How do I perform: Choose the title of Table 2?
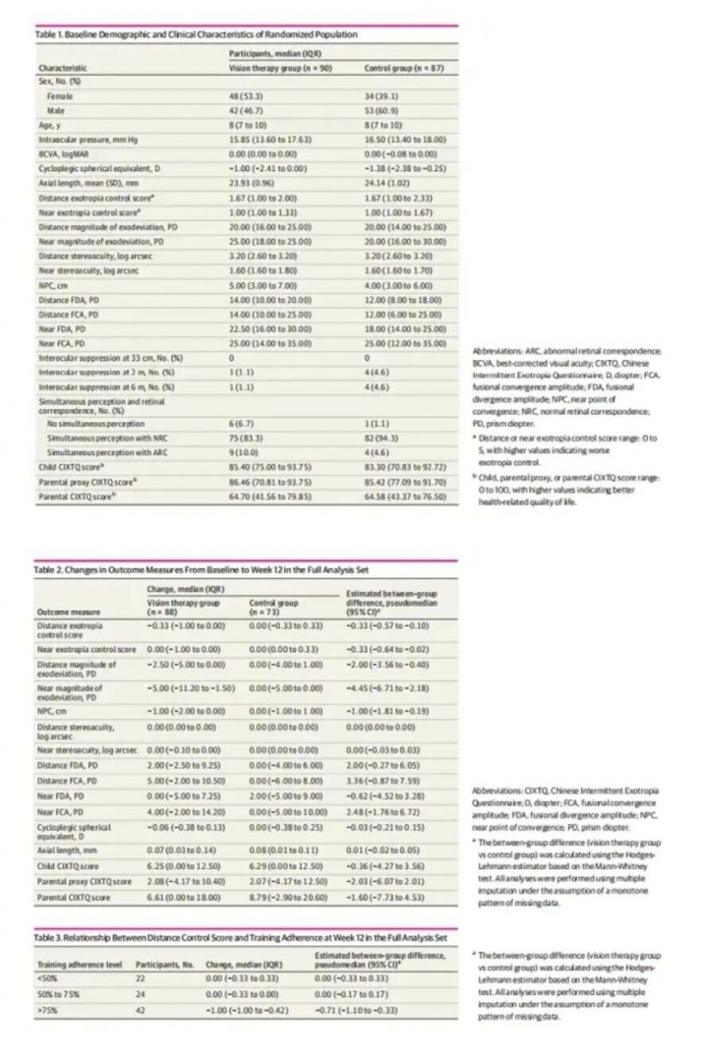pos(177,569)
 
